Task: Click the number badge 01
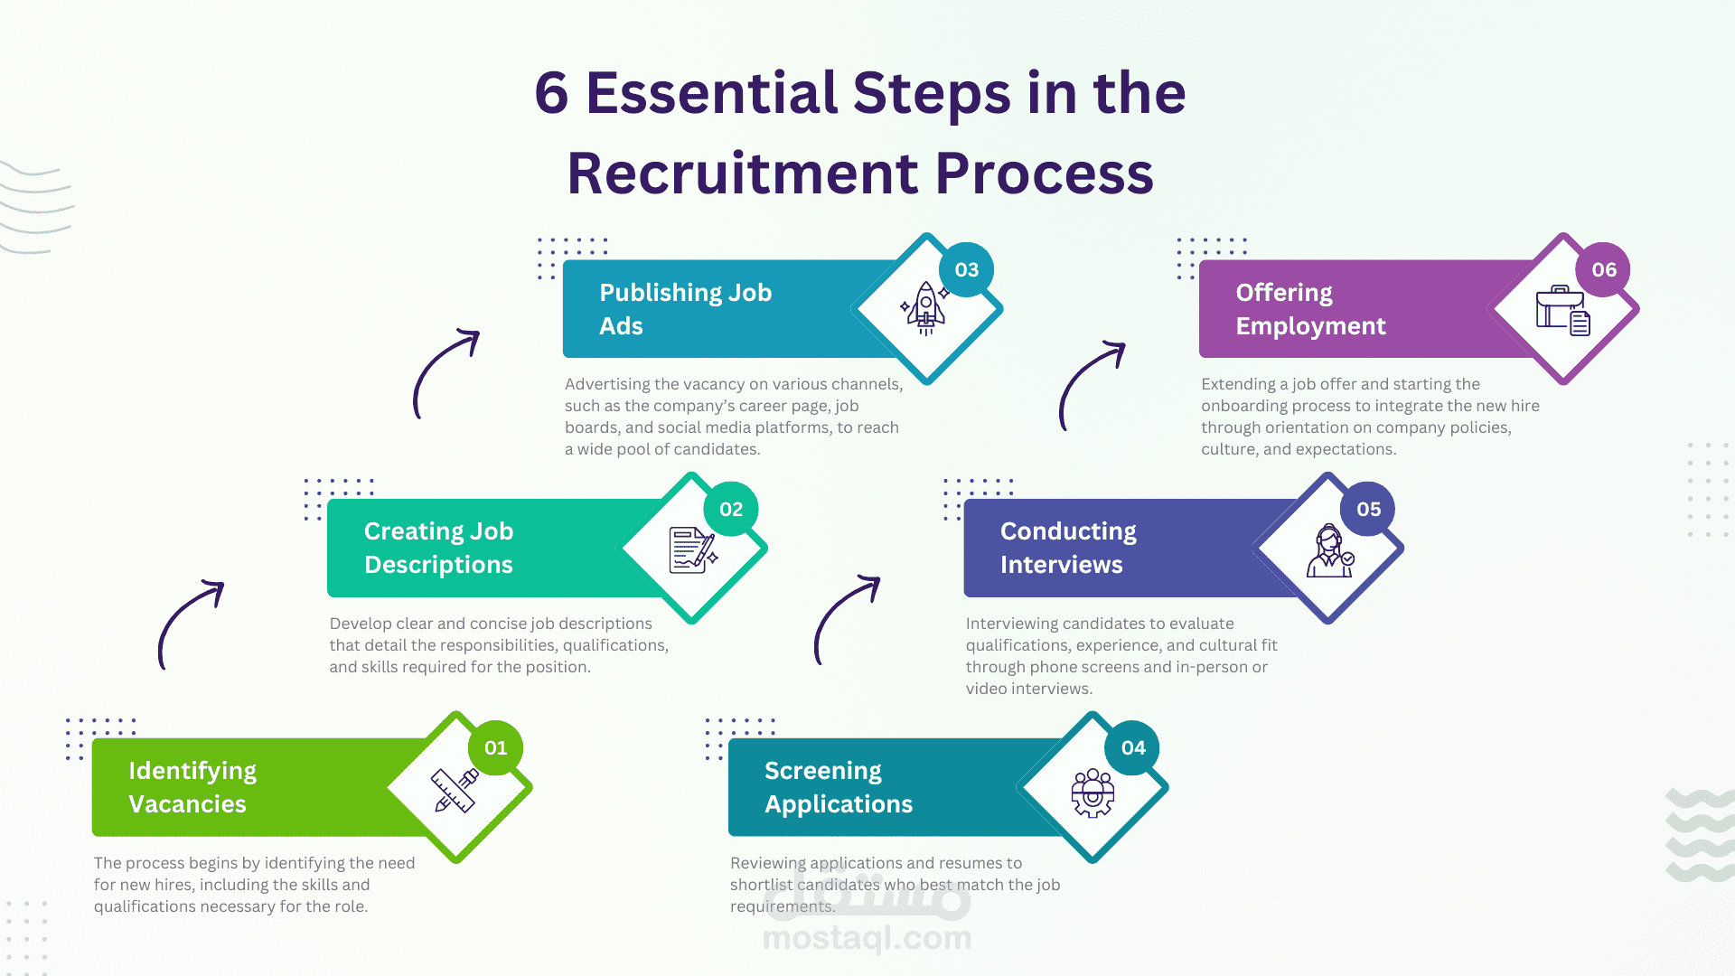[x=495, y=747]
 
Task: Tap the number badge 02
[x=731, y=509]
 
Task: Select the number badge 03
[x=966, y=269]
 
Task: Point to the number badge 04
[x=1133, y=747]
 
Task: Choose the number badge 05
[x=1368, y=509]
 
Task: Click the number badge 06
[x=1604, y=269]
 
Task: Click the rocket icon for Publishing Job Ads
[x=925, y=308]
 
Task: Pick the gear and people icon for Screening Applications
[x=1093, y=793]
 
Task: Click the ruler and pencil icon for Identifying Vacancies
[x=455, y=790]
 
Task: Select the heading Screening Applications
[x=838, y=787]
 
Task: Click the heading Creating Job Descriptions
[x=438, y=548]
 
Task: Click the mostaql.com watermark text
[x=867, y=938]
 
